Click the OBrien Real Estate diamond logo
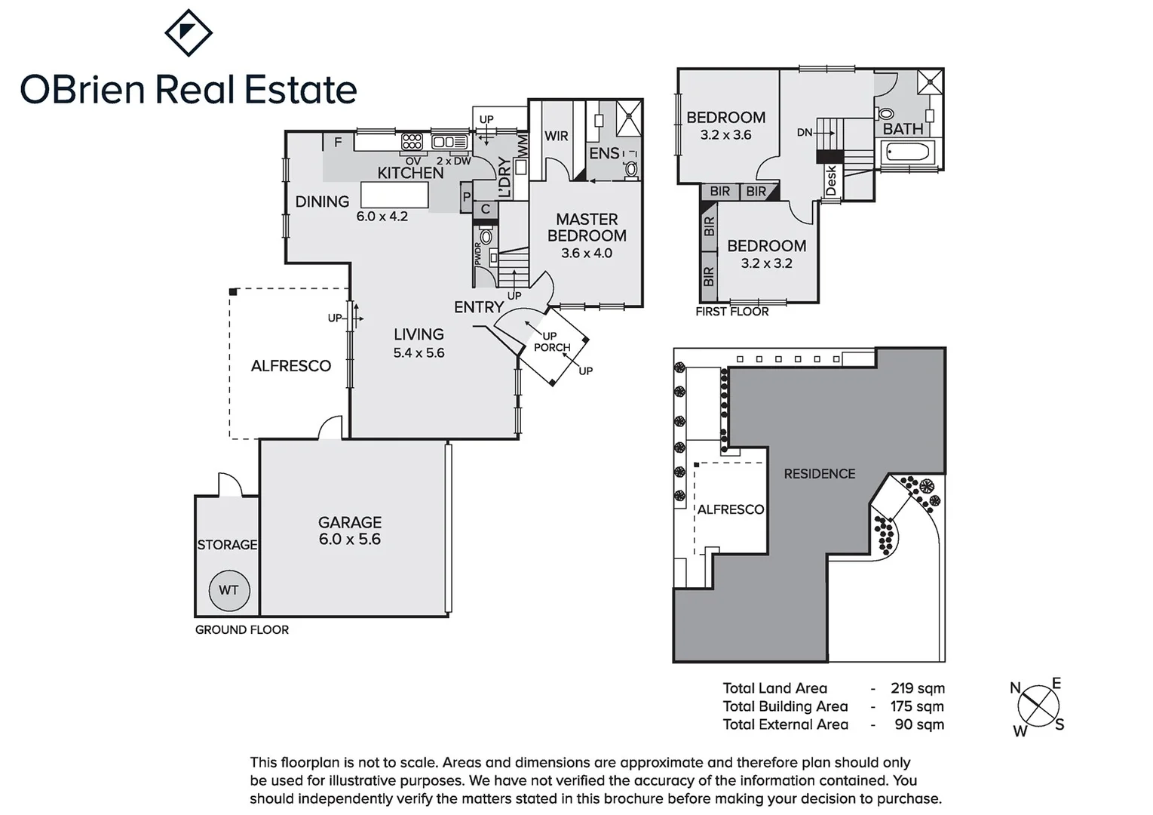pyautogui.click(x=189, y=32)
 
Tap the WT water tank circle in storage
pyautogui.click(x=228, y=590)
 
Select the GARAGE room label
pyautogui.click(x=349, y=522)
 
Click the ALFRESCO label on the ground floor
pyautogui.click(x=291, y=366)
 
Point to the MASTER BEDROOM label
pyautogui.click(x=587, y=227)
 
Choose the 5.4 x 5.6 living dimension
pyautogui.click(x=419, y=352)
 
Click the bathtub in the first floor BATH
pyautogui.click(x=909, y=154)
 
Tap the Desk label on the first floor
pyautogui.click(x=831, y=181)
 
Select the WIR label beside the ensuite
pyautogui.click(x=557, y=137)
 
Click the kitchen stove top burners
pyautogui.click(x=412, y=141)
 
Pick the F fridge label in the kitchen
pyautogui.click(x=338, y=142)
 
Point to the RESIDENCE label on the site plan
pyautogui.click(x=819, y=474)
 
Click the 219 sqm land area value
pyautogui.click(x=917, y=688)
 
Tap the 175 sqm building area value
pyautogui.click(x=917, y=706)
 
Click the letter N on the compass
pyautogui.click(x=1015, y=688)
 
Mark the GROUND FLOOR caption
pyautogui.click(x=242, y=629)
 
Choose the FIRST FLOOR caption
pyautogui.click(x=731, y=311)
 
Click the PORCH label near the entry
pyautogui.click(x=552, y=347)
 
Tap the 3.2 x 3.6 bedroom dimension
pyautogui.click(x=725, y=135)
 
